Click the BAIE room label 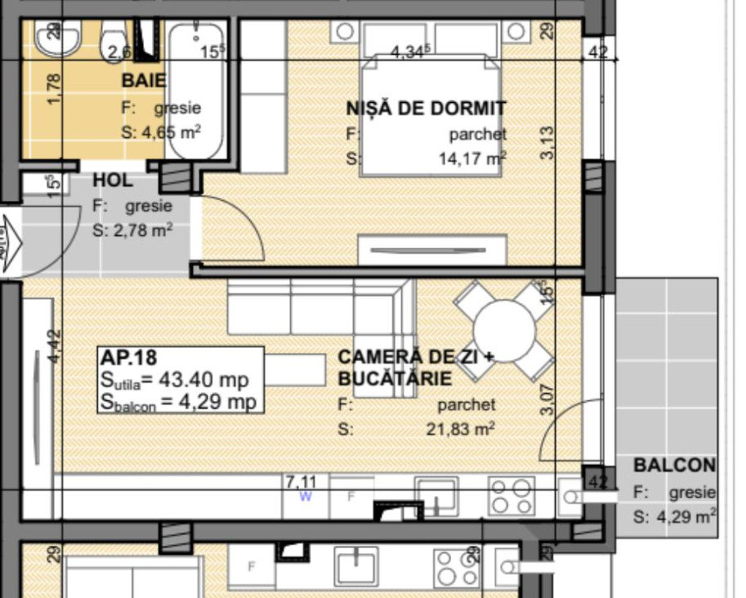144,81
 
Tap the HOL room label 112,180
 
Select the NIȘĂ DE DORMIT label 425,108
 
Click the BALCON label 674,465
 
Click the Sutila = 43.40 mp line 174,380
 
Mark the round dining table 504,330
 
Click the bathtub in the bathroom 195,91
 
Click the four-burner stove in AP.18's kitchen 511,496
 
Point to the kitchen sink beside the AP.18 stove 436,496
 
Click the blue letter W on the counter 306,497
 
